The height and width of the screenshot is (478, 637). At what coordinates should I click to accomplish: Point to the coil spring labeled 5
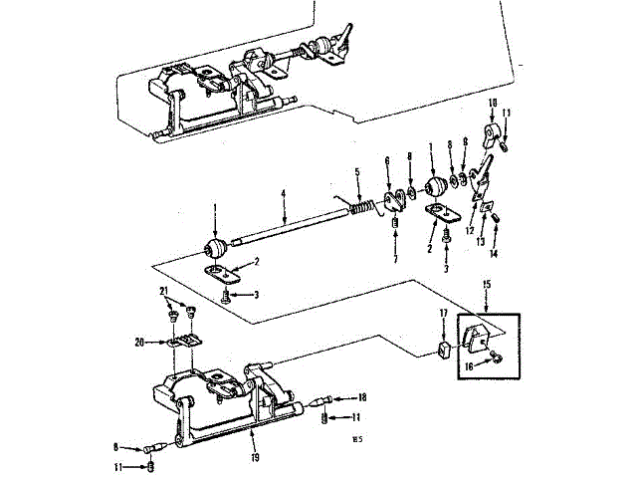click(365, 207)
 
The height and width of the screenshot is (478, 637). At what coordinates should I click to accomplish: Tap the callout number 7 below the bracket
click(394, 260)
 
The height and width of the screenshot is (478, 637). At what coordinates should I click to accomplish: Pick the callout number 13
click(480, 241)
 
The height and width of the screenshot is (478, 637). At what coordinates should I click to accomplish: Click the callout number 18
click(335, 396)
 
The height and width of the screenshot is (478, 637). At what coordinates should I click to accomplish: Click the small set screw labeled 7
click(395, 235)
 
